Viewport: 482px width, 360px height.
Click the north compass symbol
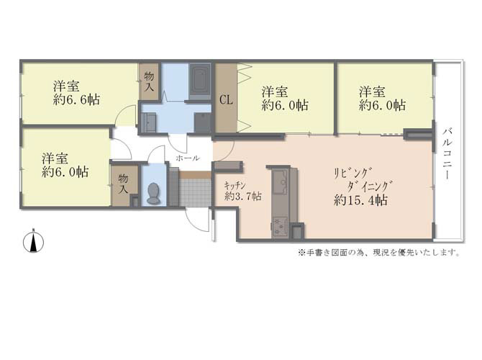click(33, 242)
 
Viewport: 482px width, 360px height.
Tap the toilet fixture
click(154, 194)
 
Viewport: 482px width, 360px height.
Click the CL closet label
click(226, 99)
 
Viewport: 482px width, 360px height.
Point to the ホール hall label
click(188, 158)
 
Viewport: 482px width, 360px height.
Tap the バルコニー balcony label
click(447, 154)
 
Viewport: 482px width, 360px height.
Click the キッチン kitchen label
click(235, 185)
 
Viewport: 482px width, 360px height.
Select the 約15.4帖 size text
click(360, 201)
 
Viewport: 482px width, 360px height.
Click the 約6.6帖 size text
click(76, 99)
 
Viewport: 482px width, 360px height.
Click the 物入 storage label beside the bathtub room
click(149, 81)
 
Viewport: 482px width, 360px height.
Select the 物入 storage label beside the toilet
click(123, 184)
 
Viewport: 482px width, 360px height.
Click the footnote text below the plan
click(378, 253)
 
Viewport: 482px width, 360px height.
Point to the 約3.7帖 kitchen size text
click(243, 196)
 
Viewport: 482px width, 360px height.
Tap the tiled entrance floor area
click(195, 192)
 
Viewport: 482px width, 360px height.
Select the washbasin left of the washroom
click(148, 122)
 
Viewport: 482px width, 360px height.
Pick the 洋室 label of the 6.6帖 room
click(66, 86)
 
